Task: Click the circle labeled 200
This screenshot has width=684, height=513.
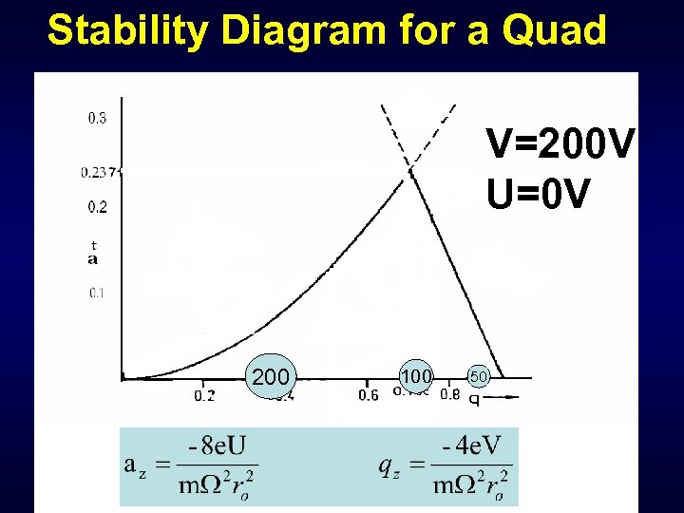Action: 271,377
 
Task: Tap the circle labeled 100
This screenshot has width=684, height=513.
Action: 416,376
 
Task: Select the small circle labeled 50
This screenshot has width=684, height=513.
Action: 479,377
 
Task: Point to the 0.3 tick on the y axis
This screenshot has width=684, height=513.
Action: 97,119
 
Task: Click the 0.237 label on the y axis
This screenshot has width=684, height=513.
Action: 97,172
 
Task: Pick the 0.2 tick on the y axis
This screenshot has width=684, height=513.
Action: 97,207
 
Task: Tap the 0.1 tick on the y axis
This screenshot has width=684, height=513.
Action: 97,293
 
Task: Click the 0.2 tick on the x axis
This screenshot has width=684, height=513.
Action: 204,395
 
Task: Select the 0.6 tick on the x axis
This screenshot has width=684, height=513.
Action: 369,395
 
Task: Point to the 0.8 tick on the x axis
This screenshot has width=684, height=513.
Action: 450,395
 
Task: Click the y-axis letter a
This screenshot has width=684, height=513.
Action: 92,258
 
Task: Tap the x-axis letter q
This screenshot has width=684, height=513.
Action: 474,398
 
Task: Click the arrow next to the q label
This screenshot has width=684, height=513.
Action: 507,396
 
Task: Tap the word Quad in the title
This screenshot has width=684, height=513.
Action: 554,30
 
